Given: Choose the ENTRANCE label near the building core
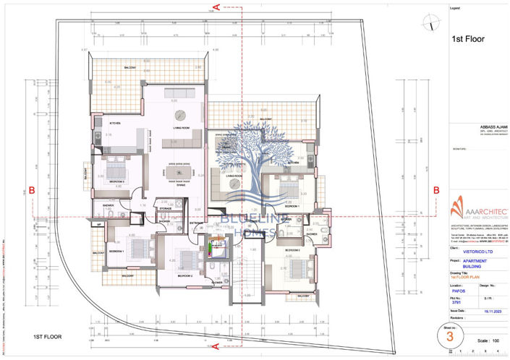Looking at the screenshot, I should (197, 223).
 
